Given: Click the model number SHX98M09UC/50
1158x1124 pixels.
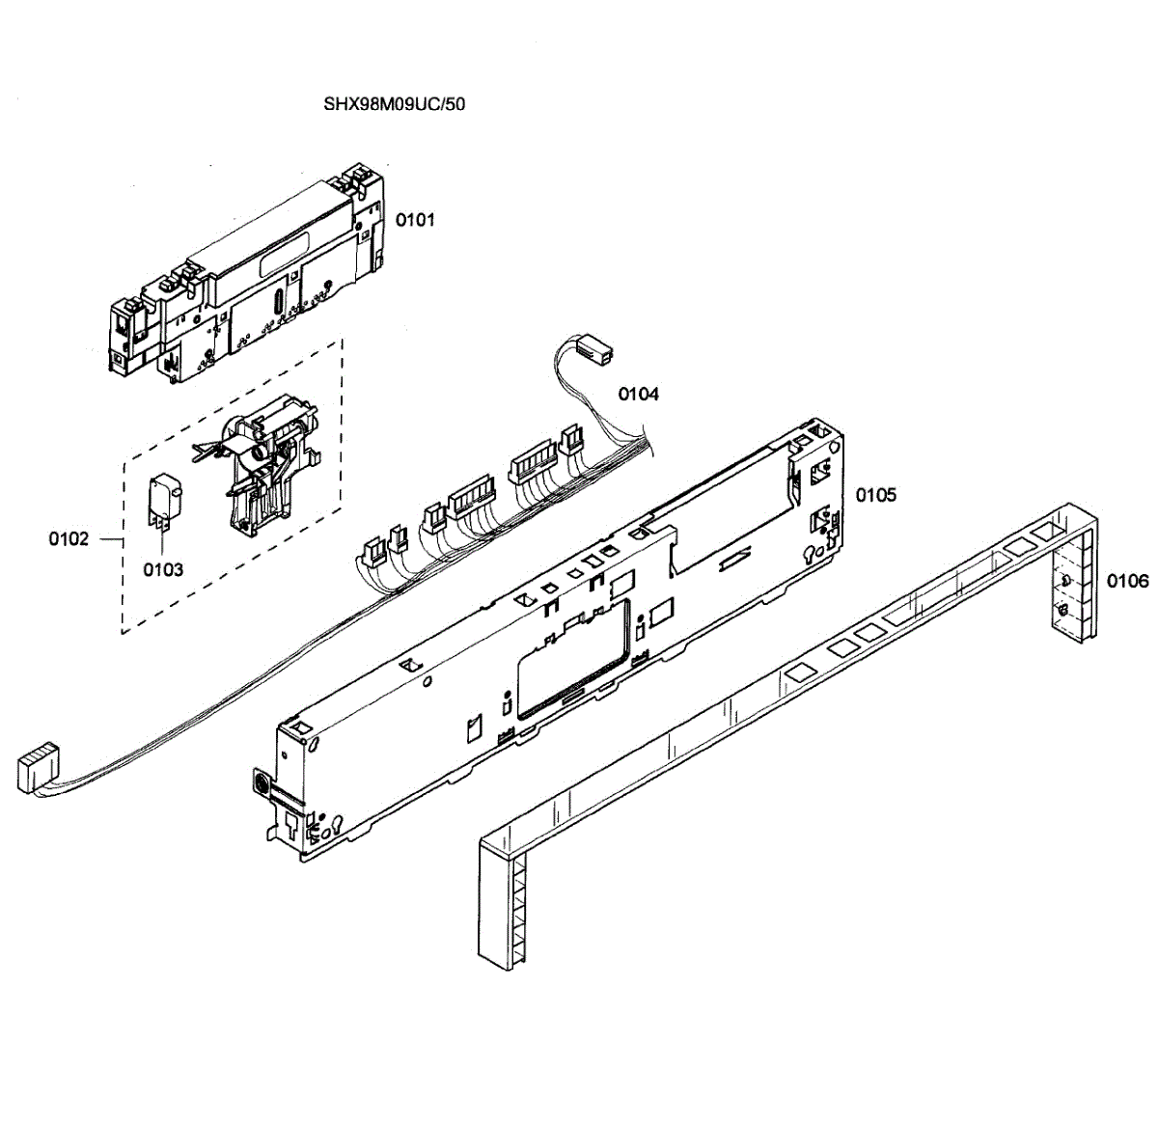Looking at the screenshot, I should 395,103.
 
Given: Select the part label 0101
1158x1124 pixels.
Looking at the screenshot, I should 415,220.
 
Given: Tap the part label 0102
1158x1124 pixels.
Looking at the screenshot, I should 69,538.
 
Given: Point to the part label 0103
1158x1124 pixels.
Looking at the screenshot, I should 163,569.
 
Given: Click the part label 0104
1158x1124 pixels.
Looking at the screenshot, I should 638,394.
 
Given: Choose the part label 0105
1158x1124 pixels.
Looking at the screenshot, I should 875,495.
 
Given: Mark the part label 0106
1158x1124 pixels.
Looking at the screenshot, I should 1127,581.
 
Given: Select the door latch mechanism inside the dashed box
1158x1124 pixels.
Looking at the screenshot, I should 265,463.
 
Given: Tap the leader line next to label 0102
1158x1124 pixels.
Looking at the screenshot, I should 110,538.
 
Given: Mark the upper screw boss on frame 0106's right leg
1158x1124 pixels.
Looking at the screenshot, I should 1063,581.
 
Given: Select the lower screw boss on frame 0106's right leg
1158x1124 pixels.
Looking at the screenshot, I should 1062,612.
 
